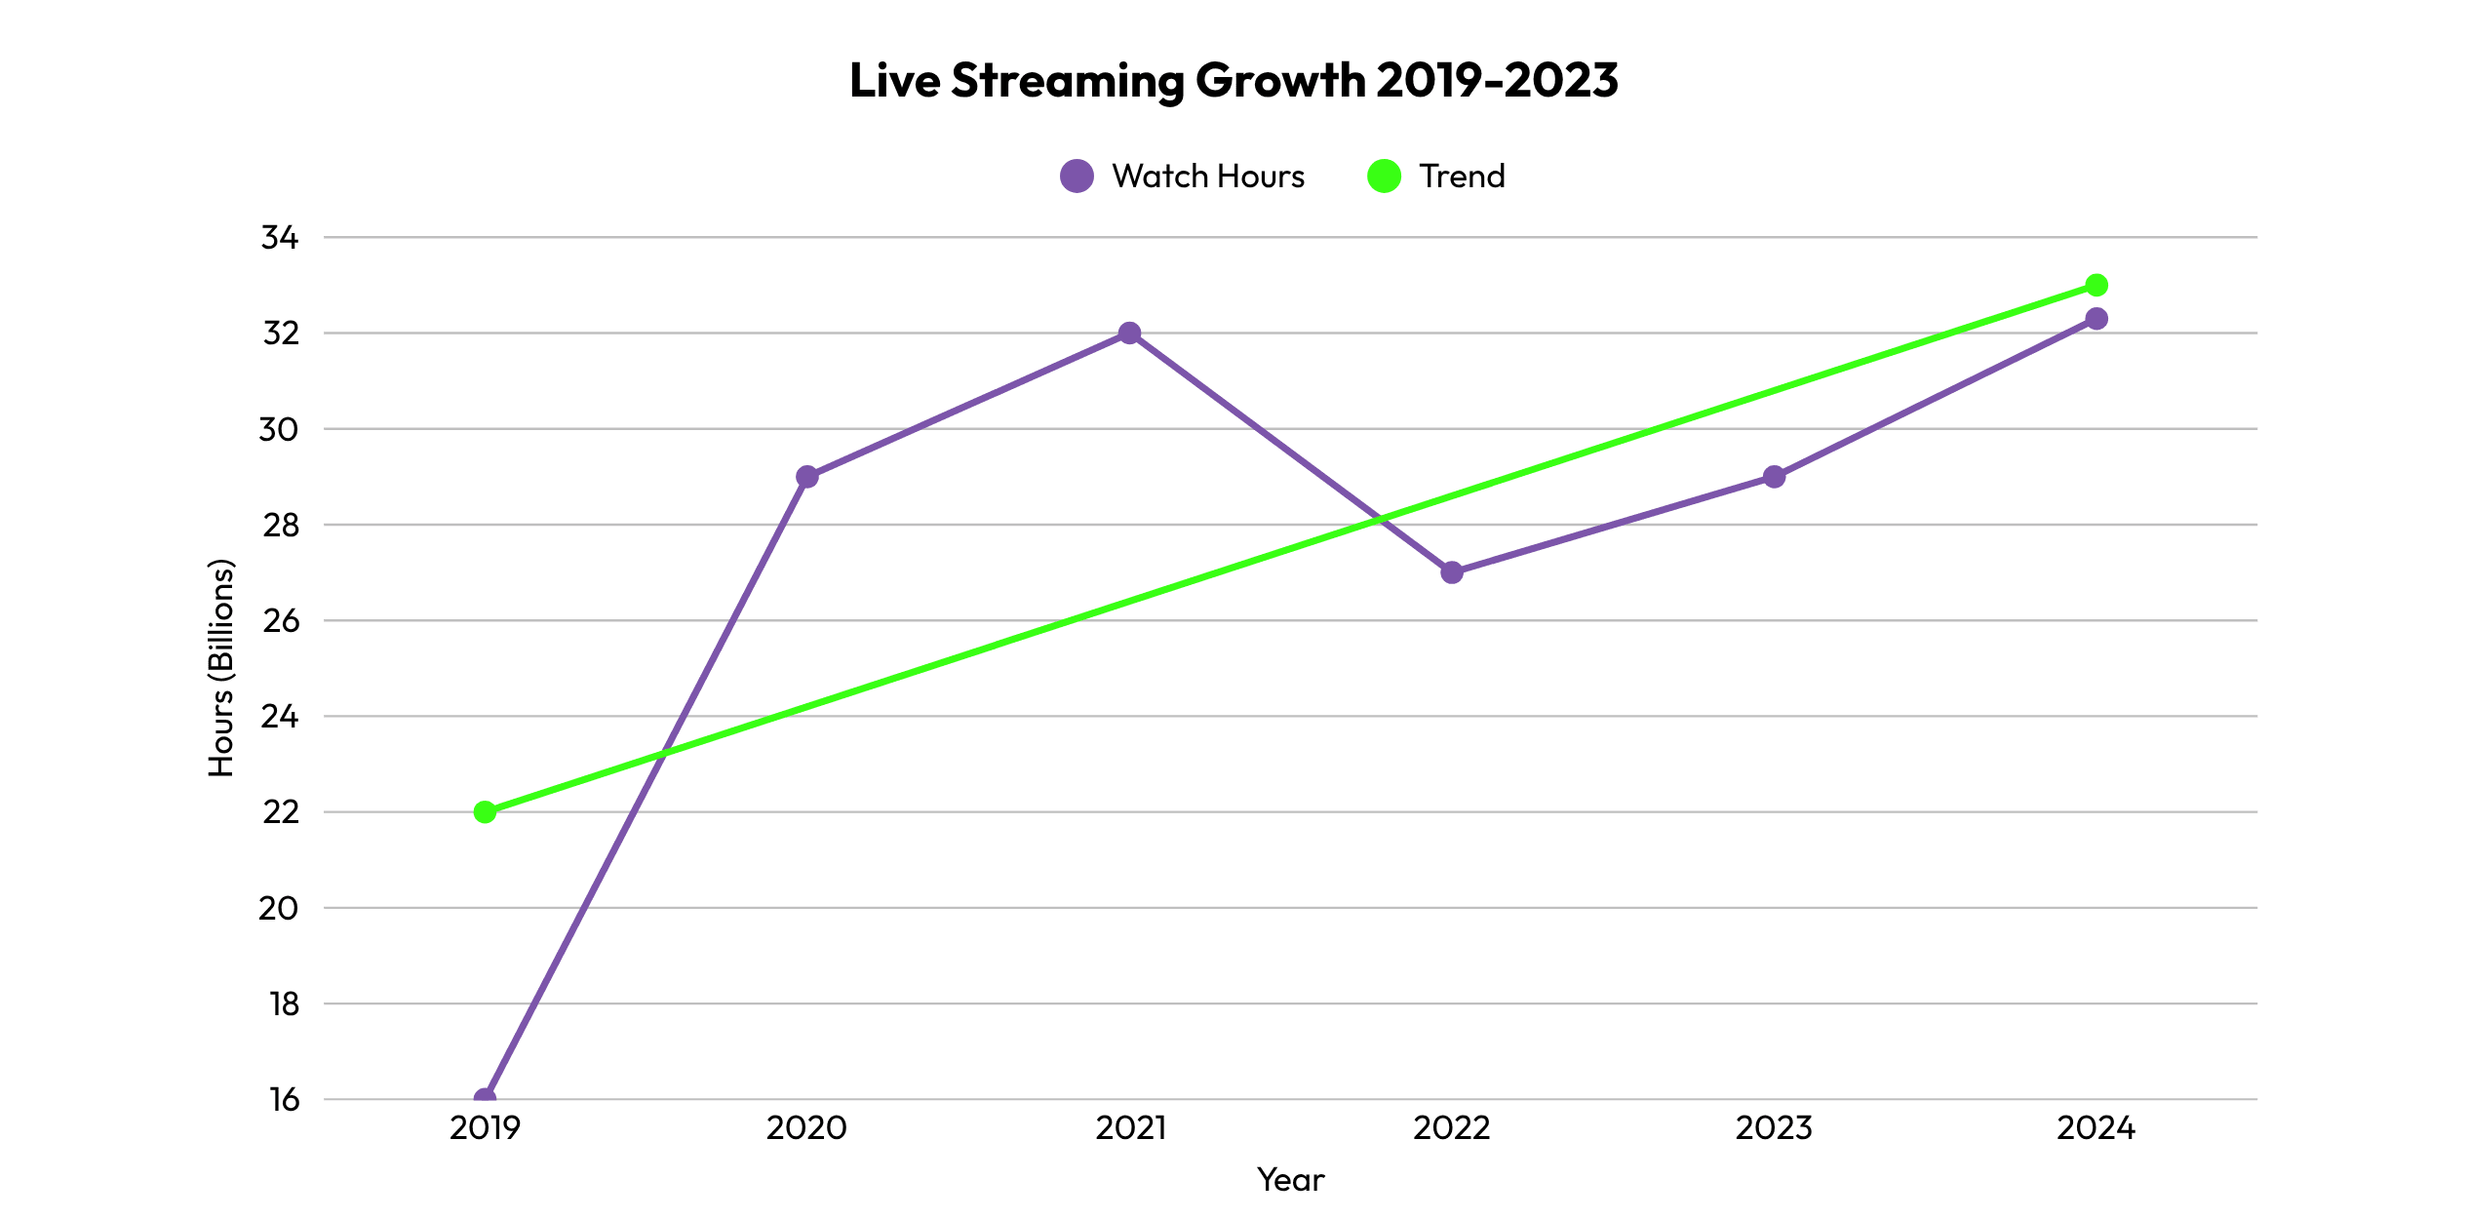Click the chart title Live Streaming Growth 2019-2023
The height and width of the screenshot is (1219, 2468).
(x=1234, y=80)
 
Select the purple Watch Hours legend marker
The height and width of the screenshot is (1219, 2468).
(x=1077, y=176)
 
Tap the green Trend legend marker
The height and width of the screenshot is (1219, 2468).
(x=1384, y=176)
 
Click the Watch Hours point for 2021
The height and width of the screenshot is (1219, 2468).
(x=1129, y=334)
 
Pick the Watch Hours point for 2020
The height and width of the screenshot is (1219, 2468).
(x=807, y=477)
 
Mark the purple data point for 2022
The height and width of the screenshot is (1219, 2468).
(x=1452, y=572)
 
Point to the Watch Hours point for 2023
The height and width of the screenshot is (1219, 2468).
(x=1775, y=477)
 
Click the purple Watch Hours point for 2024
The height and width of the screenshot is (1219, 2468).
(x=2096, y=319)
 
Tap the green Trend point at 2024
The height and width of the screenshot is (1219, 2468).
(x=2096, y=285)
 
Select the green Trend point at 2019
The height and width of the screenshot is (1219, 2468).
(x=485, y=812)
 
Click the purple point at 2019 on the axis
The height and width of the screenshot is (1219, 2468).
(x=485, y=1097)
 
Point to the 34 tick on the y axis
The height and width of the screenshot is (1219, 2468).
(x=280, y=237)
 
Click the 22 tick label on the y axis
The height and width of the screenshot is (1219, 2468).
(x=280, y=812)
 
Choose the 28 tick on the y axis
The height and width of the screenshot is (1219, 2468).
(x=280, y=525)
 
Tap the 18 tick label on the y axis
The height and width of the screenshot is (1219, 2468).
(x=283, y=1003)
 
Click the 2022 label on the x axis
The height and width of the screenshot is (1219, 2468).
(x=1452, y=1128)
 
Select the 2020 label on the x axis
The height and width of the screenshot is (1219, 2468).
(x=806, y=1128)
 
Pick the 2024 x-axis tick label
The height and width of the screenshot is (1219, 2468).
(x=2096, y=1128)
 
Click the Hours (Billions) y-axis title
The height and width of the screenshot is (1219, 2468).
(x=222, y=668)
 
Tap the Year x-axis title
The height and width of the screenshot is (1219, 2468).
(x=1290, y=1180)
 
